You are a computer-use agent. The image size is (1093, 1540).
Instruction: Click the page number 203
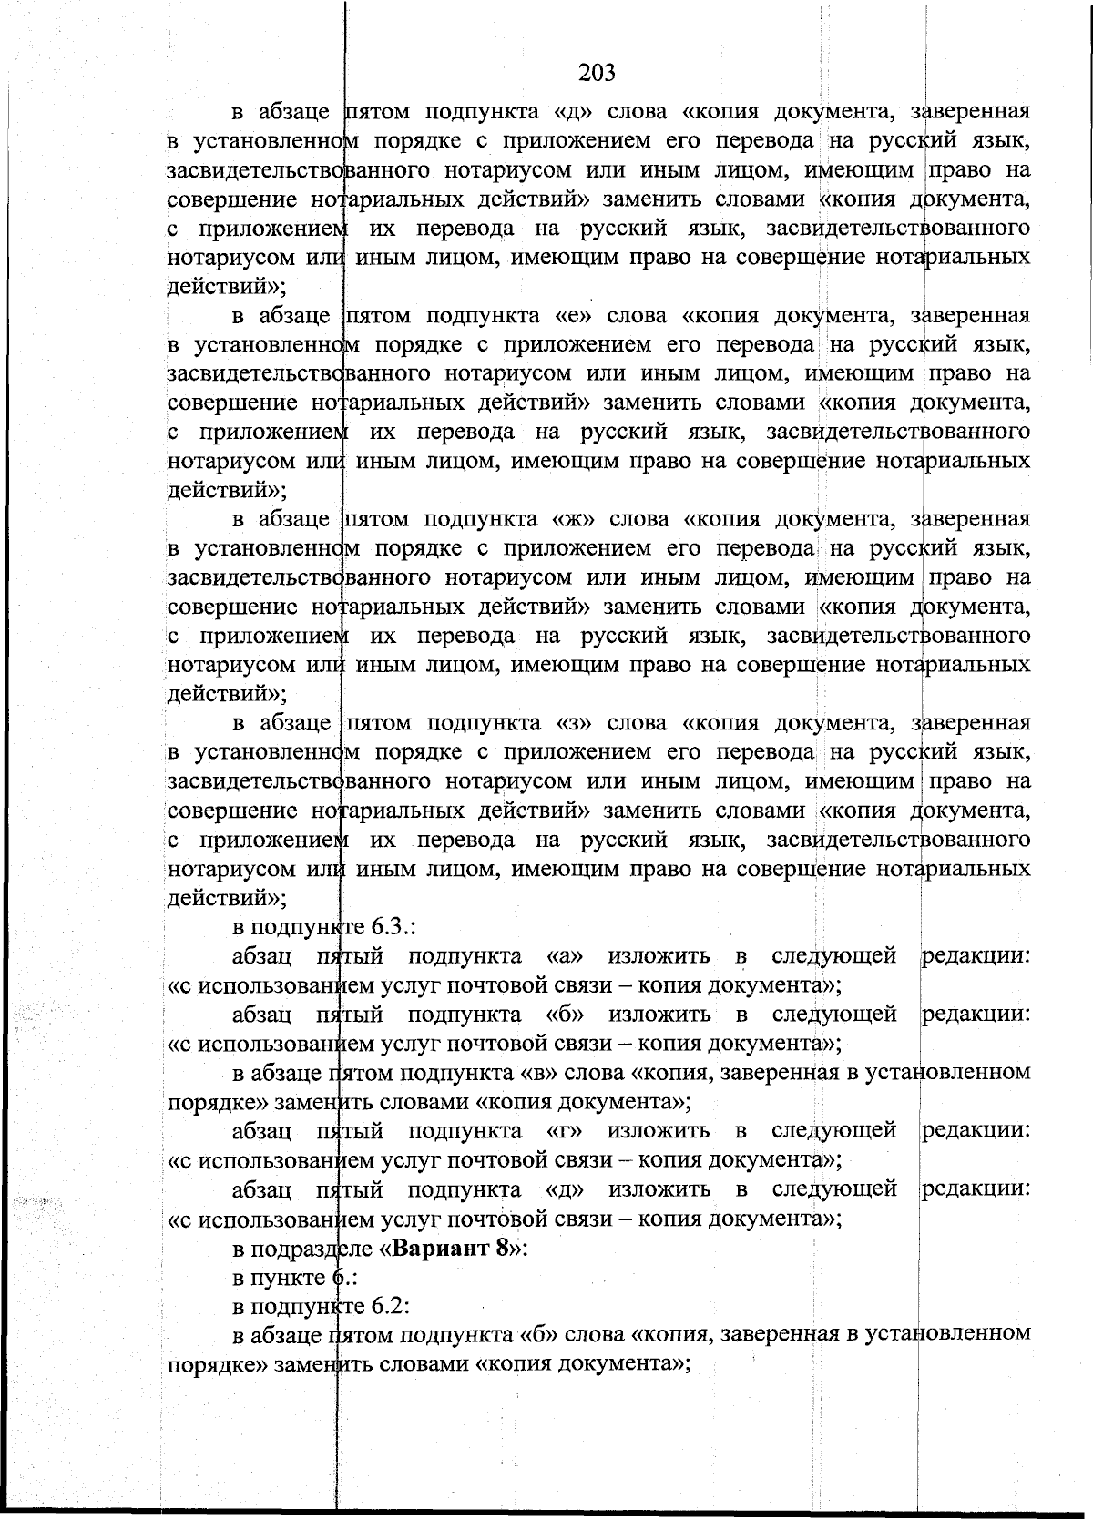tap(597, 72)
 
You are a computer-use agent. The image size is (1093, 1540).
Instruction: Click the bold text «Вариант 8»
tap(451, 1248)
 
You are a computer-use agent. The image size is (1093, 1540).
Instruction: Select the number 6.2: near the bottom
tap(390, 1306)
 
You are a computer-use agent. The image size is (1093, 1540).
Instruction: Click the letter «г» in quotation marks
tap(565, 1131)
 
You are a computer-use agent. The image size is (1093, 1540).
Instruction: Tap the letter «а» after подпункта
tap(565, 956)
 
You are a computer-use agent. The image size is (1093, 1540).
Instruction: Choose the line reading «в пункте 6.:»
tap(287, 1277)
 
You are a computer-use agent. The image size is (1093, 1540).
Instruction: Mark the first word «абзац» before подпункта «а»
tap(261, 956)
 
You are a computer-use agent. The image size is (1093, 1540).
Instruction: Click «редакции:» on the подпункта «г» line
tap(976, 1131)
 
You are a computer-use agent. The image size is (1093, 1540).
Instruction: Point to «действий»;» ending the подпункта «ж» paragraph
tap(227, 694)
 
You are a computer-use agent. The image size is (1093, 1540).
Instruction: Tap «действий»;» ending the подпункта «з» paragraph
tap(227, 898)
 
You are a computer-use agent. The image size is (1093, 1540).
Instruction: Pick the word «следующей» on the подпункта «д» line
tap(833, 1189)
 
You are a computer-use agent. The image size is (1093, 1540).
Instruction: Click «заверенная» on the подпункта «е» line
tap(970, 315)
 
